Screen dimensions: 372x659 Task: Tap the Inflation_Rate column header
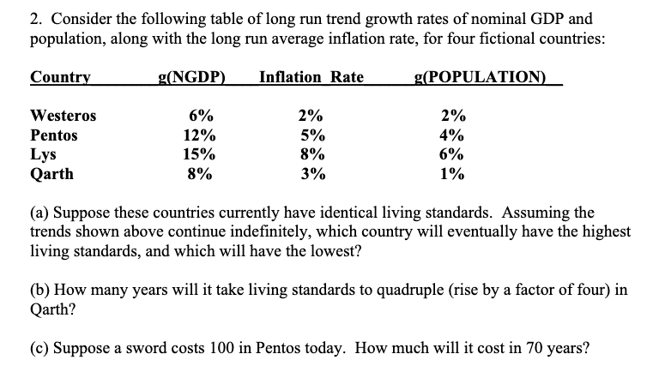311,77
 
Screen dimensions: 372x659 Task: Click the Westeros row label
63,116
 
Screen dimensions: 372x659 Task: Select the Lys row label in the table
43,155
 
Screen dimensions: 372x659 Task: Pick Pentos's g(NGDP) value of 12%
200,135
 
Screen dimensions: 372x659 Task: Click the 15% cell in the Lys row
200,155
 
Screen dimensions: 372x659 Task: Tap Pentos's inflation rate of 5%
311,135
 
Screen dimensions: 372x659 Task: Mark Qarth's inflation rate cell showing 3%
311,175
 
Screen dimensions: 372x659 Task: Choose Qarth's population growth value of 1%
452,175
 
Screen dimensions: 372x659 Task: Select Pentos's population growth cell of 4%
452,135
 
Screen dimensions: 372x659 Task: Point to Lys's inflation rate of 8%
311,155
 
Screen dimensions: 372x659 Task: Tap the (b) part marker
39,289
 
